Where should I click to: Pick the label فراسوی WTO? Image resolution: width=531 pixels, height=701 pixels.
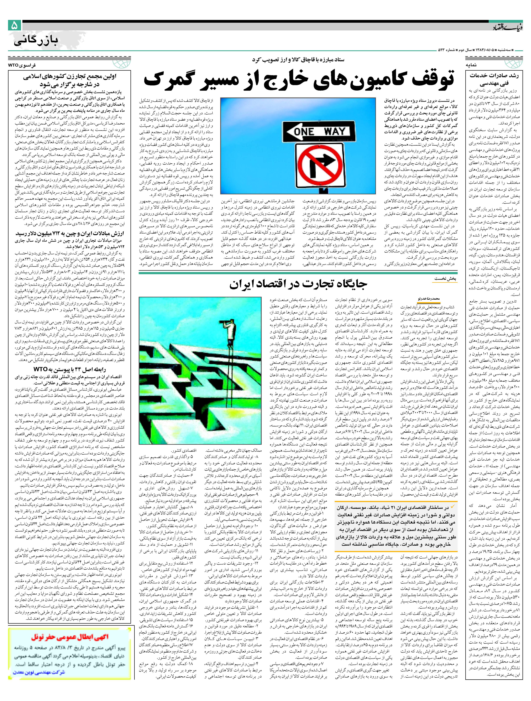pos(22,65)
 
